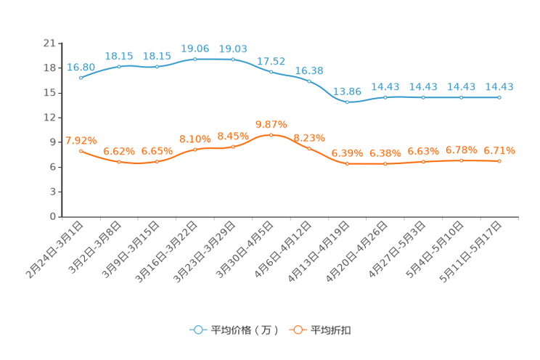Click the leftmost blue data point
[81, 77]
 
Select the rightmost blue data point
[499, 97]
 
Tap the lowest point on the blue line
[347, 103]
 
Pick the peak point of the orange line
[271, 134]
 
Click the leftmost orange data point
[81, 150]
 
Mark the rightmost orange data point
[499, 160]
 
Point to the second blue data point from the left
[118, 66]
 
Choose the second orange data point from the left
[118, 162]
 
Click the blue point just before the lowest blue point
[309, 81]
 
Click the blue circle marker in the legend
[197, 330]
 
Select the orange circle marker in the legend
[298, 330]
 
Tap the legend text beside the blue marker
[244, 330]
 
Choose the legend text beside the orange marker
[332, 330]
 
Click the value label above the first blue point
[81, 66]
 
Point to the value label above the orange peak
[271, 123]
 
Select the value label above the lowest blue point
[347, 91]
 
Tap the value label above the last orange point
[499, 150]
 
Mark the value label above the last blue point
[499, 86]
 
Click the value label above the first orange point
[81, 139]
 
